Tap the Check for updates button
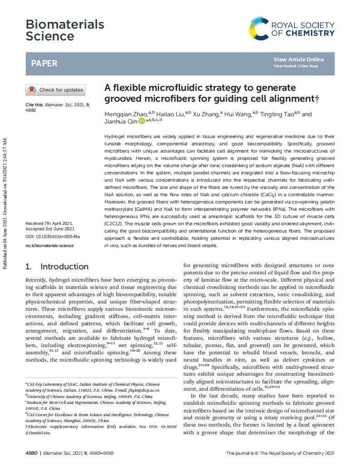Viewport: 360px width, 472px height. [55, 90]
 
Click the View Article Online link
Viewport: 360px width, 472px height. [298, 60]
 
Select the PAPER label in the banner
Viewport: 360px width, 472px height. [44, 63]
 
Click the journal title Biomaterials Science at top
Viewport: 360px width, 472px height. [64, 30]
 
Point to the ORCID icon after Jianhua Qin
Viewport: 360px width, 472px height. [142, 121]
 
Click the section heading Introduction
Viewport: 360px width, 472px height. [64, 267]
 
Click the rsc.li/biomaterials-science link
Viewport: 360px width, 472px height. [49, 246]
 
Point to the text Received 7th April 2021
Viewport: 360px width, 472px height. [49, 224]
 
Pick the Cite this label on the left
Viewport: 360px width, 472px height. [35, 105]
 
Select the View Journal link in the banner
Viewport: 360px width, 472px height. [285, 66]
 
